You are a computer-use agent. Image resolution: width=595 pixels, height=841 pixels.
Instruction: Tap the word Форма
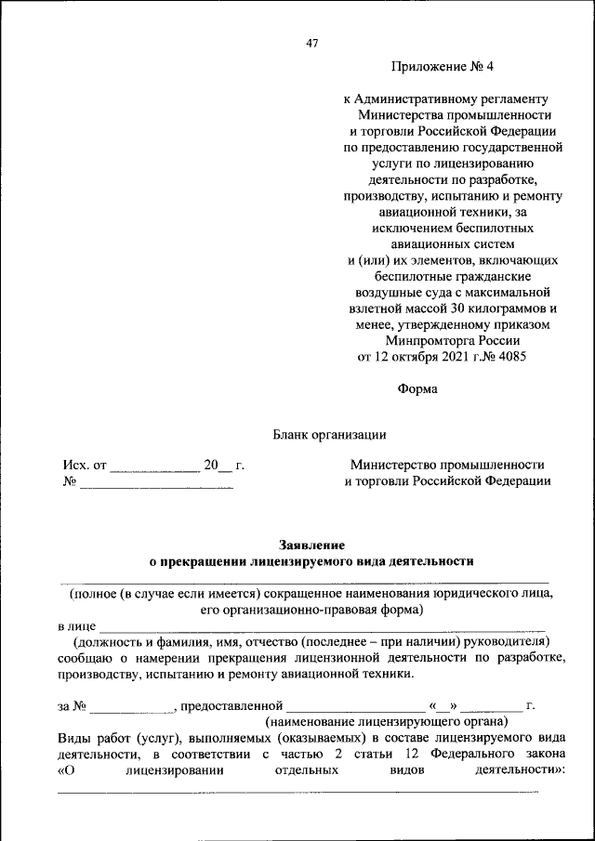point(417,389)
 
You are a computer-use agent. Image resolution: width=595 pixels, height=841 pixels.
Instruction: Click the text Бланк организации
point(329,434)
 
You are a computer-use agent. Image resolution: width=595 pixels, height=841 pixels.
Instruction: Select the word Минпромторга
point(424,341)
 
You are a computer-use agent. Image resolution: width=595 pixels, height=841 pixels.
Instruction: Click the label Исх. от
point(86,464)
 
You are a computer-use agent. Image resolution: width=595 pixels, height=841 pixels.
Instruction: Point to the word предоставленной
point(231,705)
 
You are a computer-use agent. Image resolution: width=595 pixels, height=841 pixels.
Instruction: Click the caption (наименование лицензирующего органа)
point(386,721)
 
